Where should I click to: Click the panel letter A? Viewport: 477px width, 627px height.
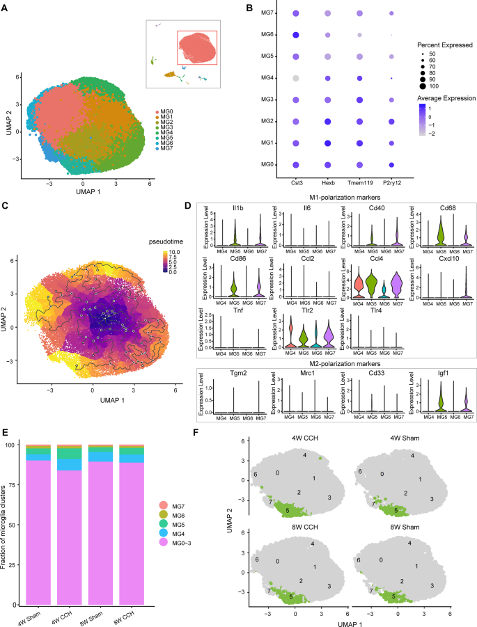(5, 8)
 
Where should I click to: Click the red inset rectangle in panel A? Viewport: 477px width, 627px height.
(197, 51)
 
